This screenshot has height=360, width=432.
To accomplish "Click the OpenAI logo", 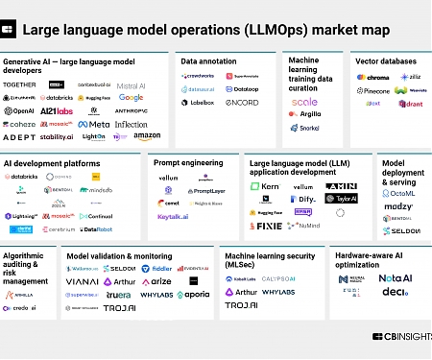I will coord(19,111).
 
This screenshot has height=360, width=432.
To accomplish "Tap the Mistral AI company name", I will coord(131,85).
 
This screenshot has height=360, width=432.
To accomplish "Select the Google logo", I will coord(132,98).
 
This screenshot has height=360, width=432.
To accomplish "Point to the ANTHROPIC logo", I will coord(132,111).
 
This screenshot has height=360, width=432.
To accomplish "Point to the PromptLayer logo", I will coord(205,191).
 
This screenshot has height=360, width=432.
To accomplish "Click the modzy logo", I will coord(398,206).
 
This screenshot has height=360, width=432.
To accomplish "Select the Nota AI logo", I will coord(395,277).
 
